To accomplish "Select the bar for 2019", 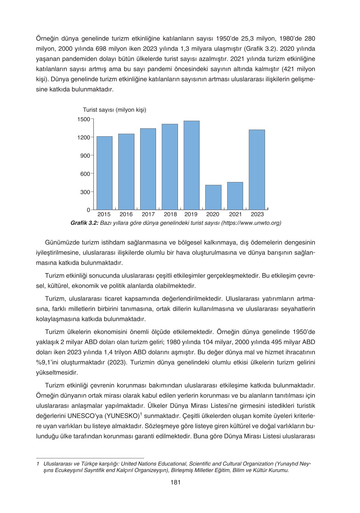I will pos(191,165).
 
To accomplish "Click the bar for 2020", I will pos(213,197).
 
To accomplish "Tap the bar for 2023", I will pos(257,170).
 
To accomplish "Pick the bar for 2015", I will pos(104,173).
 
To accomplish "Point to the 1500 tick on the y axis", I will pos(84,119).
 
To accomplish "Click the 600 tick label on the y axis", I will pos(85,174).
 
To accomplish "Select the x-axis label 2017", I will pos(148,214).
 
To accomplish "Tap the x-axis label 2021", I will pos(235,214).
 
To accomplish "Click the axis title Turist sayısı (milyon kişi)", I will pos(114,110).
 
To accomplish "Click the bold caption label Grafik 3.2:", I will pos(84,223).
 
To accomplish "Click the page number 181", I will pos(175,482).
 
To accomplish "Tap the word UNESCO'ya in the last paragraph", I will pos(85,416).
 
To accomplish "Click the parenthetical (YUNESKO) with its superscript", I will pos(123,416).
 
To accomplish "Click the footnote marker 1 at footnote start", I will pos(38,464).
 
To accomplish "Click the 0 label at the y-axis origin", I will pos(88,210).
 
